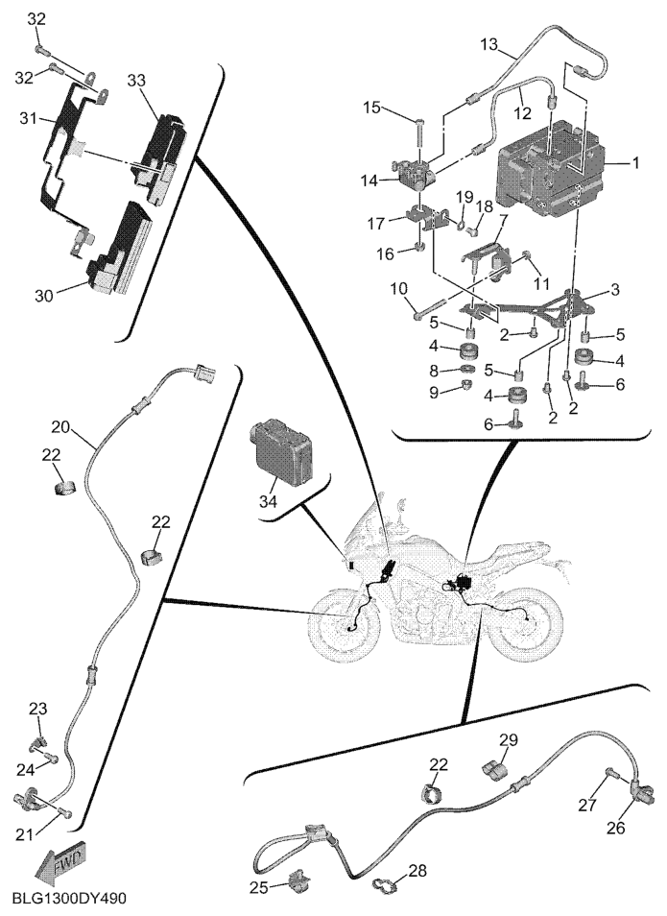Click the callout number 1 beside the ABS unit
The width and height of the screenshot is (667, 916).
pos(634,164)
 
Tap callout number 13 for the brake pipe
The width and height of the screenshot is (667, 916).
pos(488,44)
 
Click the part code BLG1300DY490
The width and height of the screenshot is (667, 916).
pos(69,899)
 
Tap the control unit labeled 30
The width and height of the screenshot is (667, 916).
pos(121,248)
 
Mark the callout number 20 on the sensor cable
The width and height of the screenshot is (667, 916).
pos(61,425)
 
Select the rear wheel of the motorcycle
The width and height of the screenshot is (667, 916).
pos(524,627)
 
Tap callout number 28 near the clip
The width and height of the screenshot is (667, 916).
pos(417,871)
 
